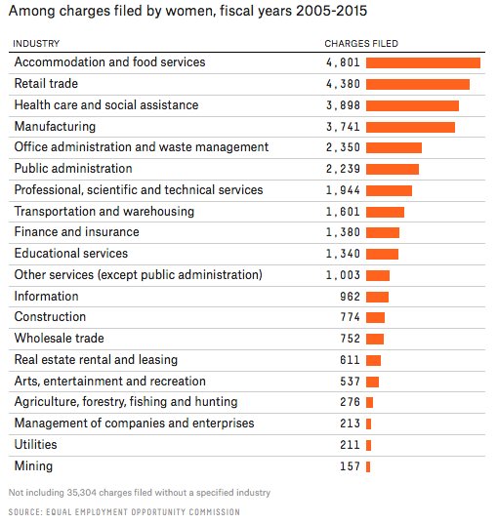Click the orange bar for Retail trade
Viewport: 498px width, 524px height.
click(418, 84)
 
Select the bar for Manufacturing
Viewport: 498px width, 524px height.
click(410, 127)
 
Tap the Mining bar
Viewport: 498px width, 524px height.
click(368, 466)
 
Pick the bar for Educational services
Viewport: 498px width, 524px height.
click(382, 255)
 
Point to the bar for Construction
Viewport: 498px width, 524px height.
click(375, 317)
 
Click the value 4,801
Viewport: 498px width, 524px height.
click(343, 62)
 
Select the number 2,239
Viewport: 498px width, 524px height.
click(343, 169)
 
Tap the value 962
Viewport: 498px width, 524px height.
click(351, 297)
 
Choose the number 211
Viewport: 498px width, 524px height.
click(351, 445)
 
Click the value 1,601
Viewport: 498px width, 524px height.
click(343, 212)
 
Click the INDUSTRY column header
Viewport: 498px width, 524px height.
click(36, 44)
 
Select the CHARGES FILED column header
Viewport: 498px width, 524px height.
click(361, 44)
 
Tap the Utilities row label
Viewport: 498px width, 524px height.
click(35, 444)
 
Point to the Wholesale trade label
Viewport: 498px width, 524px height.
click(60, 339)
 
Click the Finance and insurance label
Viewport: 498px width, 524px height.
click(76, 232)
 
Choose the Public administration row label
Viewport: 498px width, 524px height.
click(73, 169)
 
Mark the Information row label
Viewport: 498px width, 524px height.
click(47, 296)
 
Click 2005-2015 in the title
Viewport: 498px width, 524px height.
click(332, 11)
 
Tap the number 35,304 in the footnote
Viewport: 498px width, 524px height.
click(82, 493)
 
